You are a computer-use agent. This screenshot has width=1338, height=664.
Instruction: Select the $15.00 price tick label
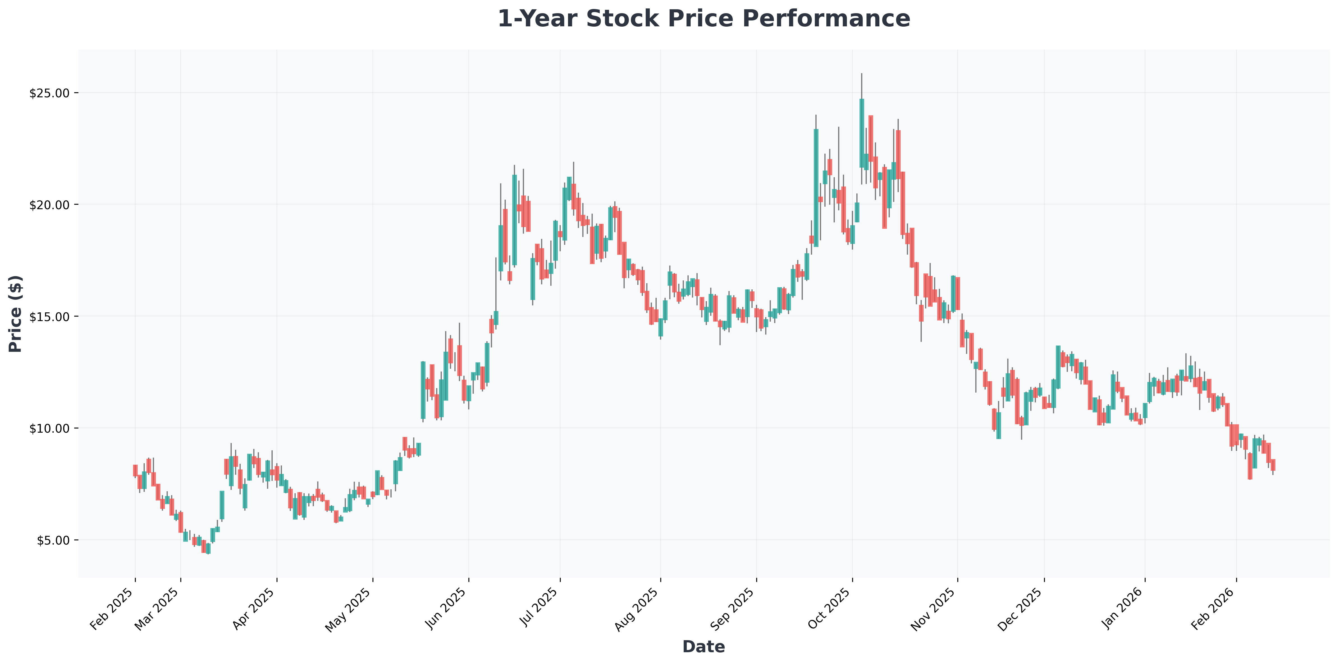pyautogui.click(x=50, y=317)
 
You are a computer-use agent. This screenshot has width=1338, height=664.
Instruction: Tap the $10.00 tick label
pyautogui.click(x=50, y=428)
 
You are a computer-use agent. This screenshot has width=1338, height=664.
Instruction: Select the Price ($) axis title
pyautogui.click(x=16, y=313)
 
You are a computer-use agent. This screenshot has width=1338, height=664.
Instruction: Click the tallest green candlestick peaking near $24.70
pyautogui.click(x=862, y=133)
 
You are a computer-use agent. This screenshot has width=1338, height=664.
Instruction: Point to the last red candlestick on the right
pyautogui.click(x=1273, y=465)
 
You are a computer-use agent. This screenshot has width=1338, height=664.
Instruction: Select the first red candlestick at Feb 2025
pyautogui.click(x=135, y=470)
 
